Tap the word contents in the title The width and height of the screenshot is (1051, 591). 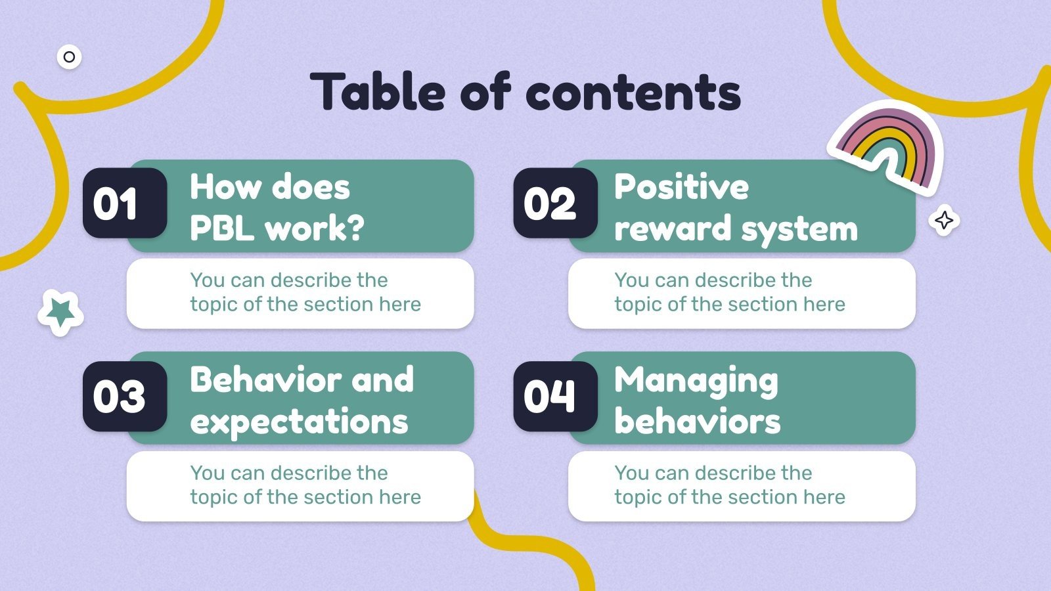coord(633,93)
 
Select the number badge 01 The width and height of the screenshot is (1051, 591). coord(124,204)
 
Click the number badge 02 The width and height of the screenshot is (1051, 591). coord(555,204)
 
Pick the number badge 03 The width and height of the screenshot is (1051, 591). coord(124,397)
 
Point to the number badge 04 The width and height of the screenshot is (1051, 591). coord(555,397)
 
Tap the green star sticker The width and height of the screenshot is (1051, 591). coord(60,312)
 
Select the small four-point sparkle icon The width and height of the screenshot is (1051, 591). coord(944,220)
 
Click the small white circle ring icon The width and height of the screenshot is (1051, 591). coord(69,57)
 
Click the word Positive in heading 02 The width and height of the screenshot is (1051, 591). coord(681,187)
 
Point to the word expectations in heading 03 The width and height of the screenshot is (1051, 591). coord(299,422)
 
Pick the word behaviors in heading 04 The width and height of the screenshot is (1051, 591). coord(697,422)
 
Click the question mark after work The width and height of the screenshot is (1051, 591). coord(355,228)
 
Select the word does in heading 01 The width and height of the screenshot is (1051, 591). coord(311,187)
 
